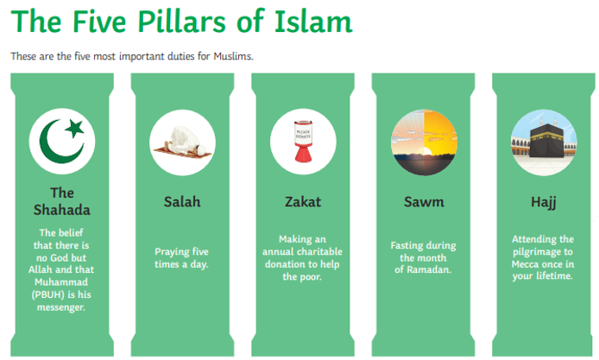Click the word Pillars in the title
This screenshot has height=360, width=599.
click(181, 21)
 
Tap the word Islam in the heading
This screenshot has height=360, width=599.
click(313, 21)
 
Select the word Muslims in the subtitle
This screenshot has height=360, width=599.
click(233, 56)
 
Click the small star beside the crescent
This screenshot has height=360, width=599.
click(75, 128)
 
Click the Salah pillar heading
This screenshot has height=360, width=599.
click(182, 202)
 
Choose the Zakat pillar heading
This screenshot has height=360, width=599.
click(303, 202)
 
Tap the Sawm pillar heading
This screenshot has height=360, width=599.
click(424, 202)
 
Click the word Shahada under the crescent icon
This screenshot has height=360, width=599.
click(62, 210)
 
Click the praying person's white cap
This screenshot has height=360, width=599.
click(199, 148)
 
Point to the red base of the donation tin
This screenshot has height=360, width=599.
click(303, 154)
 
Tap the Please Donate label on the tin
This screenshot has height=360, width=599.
click(303, 134)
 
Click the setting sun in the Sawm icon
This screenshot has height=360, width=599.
click(426, 152)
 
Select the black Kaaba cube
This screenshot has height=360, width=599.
click(546, 141)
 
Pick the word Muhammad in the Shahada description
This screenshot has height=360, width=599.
click(61, 282)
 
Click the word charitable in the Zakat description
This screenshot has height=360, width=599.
click(321, 251)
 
